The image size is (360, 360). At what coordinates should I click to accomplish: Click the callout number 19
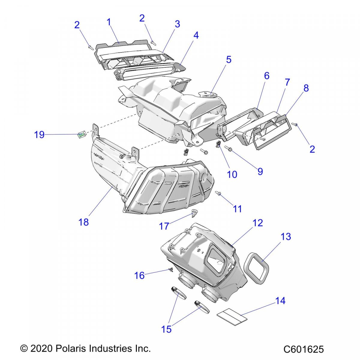39,135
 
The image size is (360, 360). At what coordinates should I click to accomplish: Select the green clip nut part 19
82,135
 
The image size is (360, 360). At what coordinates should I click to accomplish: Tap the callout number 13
286,237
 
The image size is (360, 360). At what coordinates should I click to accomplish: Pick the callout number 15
166,329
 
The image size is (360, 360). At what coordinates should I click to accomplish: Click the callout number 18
84,222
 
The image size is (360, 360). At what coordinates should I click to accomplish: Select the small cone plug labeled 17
194,213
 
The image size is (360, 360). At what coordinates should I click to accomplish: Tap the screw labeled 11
218,193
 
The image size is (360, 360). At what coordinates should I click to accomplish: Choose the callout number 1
109,22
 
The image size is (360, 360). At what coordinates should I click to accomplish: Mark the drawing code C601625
304,349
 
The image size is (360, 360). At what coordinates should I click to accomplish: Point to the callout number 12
257,223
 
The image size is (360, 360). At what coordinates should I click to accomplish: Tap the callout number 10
232,174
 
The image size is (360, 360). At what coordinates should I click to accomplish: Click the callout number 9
260,171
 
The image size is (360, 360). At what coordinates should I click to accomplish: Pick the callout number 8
306,88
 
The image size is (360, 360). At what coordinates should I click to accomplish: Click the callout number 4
196,35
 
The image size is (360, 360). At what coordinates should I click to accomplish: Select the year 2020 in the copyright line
42,348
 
